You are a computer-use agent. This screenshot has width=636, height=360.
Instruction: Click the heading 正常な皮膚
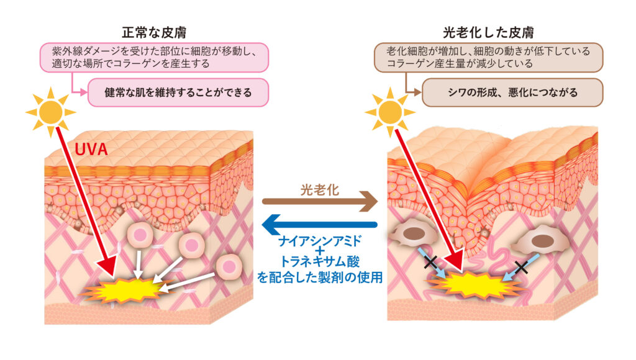pyautogui.click(x=156, y=32)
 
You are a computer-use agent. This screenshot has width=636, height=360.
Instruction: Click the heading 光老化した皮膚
pyautogui.click(x=489, y=32)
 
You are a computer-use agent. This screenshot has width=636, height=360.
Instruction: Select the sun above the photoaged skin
pyautogui.click(x=390, y=112)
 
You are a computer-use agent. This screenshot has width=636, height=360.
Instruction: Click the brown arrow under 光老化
pyautogui.click(x=319, y=201)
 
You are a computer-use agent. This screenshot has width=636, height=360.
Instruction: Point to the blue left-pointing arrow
pyautogui.click(x=319, y=224)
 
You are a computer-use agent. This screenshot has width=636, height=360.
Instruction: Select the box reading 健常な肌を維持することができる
pyautogui.click(x=178, y=92)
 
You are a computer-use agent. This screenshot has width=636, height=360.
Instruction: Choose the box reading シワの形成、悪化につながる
pyautogui.click(x=512, y=92)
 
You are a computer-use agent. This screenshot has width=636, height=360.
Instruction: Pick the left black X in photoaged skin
pyautogui.click(x=430, y=263)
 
